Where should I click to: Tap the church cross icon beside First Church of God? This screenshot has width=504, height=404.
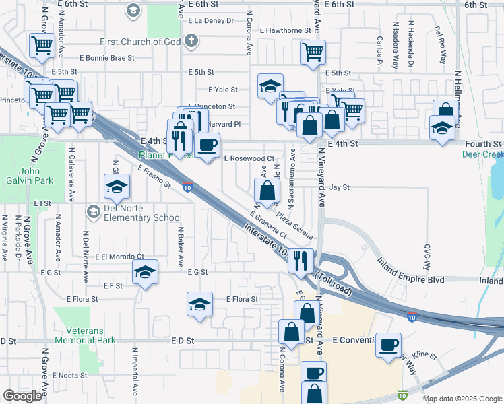pyautogui.click(x=191, y=41)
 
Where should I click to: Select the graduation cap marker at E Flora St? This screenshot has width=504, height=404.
pyautogui.click(x=200, y=304)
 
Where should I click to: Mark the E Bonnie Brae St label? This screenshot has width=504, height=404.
pyautogui.click(x=106, y=58)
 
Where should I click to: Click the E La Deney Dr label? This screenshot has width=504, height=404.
pyautogui.click(x=211, y=21)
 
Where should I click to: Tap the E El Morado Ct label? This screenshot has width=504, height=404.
pyautogui.click(x=119, y=257)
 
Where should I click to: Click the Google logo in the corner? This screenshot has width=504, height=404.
pyautogui.click(x=22, y=396)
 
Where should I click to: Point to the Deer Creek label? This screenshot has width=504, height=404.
pyautogui.click(x=482, y=154)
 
